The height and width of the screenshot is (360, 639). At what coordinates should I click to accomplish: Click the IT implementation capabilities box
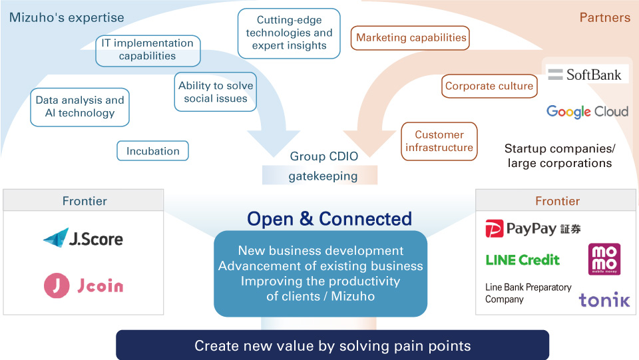point(147,50)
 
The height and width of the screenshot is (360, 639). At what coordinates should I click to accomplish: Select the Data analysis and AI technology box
point(80,107)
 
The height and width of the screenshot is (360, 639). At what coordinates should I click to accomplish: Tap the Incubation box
point(153,151)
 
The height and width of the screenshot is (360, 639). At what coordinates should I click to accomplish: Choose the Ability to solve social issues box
point(216,92)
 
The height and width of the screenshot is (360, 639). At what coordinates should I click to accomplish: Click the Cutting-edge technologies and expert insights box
point(289,33)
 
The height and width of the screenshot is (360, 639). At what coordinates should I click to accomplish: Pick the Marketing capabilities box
point(411,38)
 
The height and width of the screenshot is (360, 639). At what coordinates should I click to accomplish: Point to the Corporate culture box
point(489,86)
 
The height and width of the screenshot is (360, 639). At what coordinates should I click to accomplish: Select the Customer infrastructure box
point(439,141)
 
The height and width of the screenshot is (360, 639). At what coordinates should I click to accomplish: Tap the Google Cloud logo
point(587,111)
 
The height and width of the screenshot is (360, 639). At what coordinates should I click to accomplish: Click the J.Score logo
point(83,238)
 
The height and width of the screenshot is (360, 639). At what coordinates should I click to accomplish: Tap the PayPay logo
point(532,229)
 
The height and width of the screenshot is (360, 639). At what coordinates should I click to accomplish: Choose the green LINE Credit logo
point(523,260)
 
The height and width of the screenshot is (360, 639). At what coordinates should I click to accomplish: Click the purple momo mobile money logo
point(604,260)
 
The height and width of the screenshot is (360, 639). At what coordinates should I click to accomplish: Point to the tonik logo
point(604,300)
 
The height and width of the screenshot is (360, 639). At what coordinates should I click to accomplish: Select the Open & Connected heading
point(329,219)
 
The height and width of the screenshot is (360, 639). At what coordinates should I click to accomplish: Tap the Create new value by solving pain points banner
point(332,345)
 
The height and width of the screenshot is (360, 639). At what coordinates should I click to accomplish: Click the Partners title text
point(604,18)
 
